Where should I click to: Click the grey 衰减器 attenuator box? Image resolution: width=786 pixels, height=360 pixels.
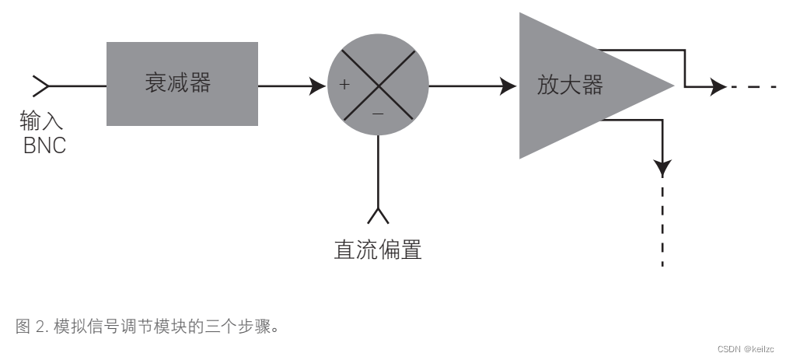(x=182, y=84)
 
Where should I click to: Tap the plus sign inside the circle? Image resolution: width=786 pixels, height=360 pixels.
(x=345, y=84)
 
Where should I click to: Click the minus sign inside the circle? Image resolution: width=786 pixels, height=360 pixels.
(x=378, y=114)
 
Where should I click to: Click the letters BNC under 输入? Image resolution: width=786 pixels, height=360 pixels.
(x=44, y=145)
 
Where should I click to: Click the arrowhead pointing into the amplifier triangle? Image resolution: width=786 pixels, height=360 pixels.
(x=508, y=85)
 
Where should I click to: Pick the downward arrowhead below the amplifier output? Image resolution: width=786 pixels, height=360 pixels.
(x=662, y=166)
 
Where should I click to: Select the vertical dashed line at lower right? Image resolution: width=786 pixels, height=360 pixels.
(x=662, y=222)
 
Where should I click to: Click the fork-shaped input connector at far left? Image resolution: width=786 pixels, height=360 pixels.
(x=40, y=85)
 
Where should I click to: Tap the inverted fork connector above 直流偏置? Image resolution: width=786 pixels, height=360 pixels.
(x=378, y=215)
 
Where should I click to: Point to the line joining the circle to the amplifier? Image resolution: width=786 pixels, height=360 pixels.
(x=466, y=85)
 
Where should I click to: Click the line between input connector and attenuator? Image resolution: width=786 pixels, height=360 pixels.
(x=78, y=85)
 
